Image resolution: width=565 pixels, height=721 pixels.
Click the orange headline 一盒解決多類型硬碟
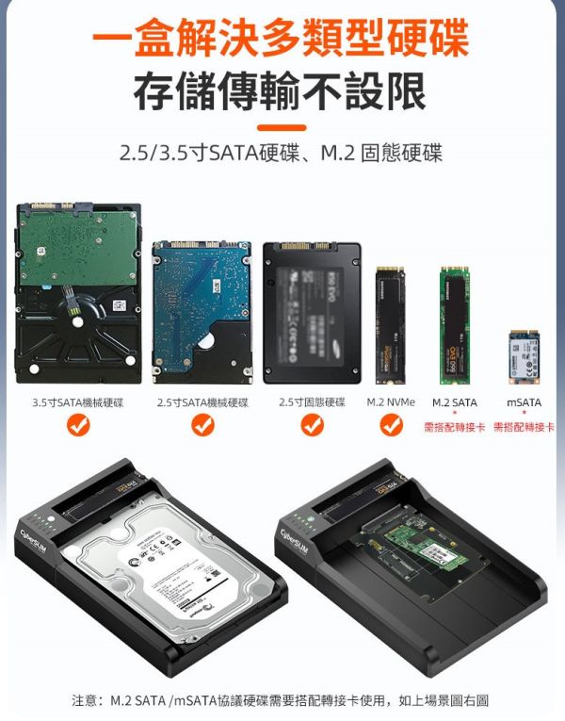282,40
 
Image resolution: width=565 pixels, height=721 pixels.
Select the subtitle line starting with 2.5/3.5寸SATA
282,153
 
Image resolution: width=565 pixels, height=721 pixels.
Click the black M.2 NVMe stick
391,324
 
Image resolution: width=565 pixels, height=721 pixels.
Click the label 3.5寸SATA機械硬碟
78,402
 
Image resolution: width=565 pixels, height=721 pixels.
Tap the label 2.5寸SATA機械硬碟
202,402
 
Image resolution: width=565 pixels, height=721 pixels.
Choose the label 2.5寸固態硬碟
312,402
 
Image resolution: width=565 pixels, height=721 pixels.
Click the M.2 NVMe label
391,402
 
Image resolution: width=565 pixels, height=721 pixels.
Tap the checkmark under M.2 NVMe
391,426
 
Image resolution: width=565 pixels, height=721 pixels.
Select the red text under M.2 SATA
455,427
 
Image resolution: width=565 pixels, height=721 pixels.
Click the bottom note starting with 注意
281,700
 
